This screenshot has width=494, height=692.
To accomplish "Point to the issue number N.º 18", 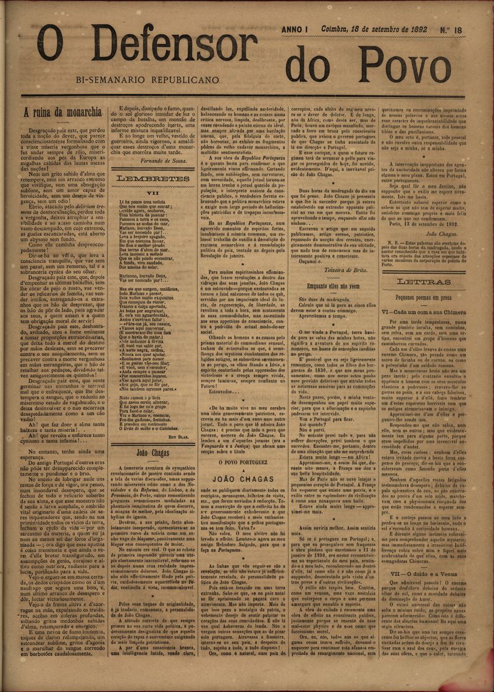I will coord(467,29).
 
